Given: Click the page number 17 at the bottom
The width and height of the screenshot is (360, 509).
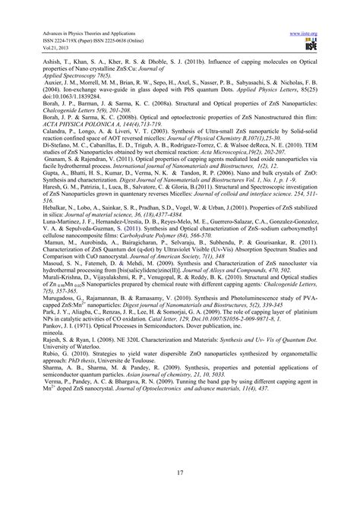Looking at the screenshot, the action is pyautogui.click(x=180, y=477).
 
